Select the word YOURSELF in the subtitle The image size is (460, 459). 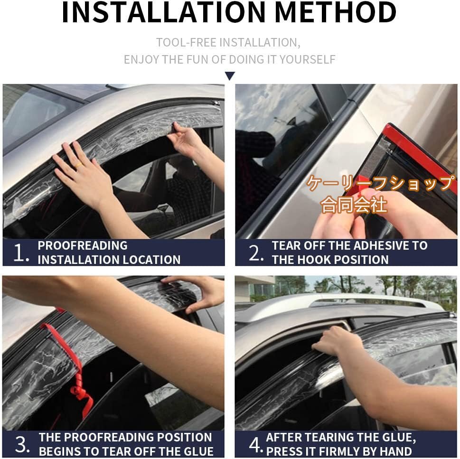coord(307,59)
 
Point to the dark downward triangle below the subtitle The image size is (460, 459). coord(230,76)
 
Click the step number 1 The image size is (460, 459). coord(20,253)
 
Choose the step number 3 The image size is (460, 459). coord(21,444)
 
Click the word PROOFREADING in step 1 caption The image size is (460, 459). coord(83,245)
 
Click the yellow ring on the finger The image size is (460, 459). coord(78,166)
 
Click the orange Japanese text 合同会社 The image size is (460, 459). coord(354,205)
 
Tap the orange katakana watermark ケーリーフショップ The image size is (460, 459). coord(381,183)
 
